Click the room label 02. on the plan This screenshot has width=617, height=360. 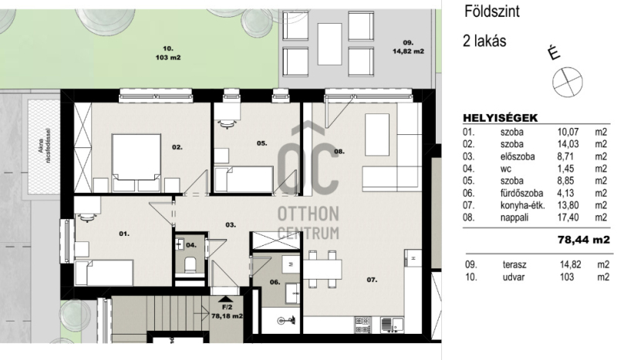177,147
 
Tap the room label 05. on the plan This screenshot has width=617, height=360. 261,143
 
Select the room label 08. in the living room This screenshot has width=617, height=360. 339,151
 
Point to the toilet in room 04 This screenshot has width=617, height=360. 190,264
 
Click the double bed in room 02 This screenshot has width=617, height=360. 137,163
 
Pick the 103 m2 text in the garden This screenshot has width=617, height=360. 168,58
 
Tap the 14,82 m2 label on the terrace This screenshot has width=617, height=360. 408,51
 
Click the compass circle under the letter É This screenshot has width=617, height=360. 568,82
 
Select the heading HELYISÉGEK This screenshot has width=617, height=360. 500,118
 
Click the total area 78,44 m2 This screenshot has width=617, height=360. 584,240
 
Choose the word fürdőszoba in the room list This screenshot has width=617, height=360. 522,193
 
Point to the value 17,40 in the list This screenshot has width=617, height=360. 568,217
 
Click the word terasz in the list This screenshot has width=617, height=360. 514,264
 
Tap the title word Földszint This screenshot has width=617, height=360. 492,12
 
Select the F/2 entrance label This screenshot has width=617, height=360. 227,308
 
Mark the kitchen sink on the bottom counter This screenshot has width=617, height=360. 392,325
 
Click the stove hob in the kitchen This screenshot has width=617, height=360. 362,325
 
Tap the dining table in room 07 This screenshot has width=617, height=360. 322,269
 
